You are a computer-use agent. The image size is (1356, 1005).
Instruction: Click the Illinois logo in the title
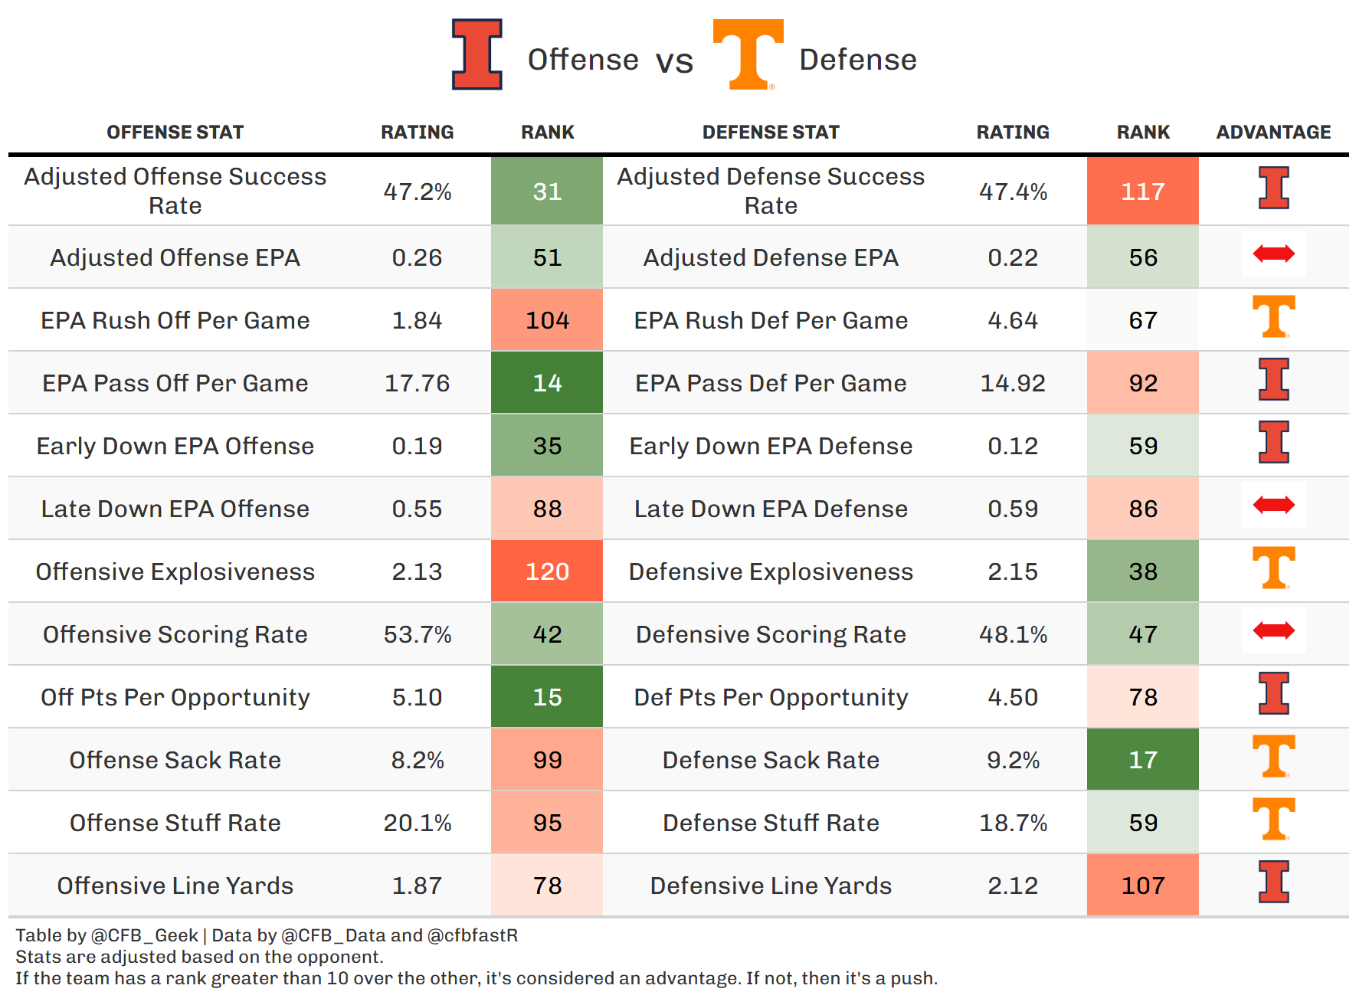477,54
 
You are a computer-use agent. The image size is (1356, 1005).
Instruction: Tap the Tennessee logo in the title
748,54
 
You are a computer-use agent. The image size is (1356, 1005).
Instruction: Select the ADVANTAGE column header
1273,133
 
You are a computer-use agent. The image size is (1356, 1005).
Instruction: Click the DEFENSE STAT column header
771,133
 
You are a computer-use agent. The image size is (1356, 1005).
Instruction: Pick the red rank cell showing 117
1142,192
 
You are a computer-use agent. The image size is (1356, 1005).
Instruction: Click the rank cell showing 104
547,320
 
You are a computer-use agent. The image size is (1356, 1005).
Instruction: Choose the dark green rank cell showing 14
547,383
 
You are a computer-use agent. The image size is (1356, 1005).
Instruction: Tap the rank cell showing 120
547,571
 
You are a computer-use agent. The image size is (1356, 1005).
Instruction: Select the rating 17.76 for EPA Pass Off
417,383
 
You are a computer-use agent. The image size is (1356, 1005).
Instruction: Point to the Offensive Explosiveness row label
175,571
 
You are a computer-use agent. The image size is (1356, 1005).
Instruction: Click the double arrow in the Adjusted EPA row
1273,254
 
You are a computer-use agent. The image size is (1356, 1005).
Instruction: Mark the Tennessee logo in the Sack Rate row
1273,756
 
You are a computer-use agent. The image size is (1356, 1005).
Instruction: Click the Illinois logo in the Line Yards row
1273,882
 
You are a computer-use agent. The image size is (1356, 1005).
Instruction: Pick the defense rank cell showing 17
1142,760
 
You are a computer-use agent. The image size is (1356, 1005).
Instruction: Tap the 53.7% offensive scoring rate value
417,634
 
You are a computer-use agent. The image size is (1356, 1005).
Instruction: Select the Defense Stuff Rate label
771,823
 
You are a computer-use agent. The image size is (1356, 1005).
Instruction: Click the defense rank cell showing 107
1142,886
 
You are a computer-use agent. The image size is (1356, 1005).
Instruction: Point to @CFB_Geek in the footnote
144,935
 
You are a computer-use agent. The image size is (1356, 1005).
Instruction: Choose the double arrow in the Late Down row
1273,505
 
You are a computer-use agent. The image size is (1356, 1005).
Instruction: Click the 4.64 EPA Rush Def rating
1012,320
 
